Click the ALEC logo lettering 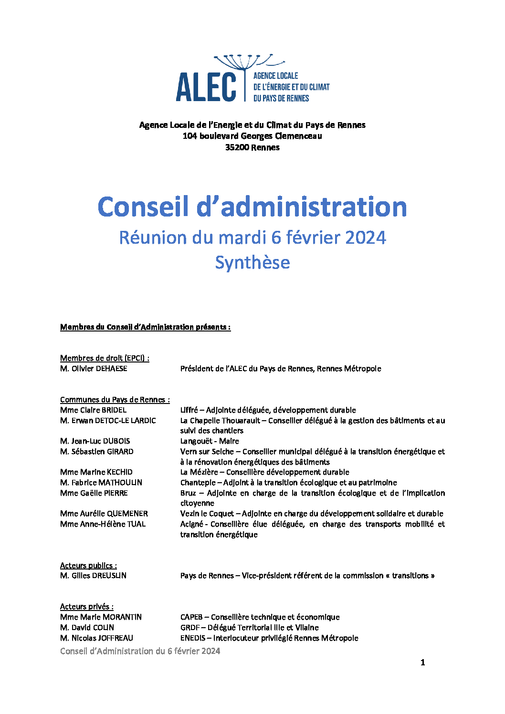click(x=206, y=87)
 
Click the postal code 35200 click(x=237, y=147)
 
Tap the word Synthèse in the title click(x=252, y=263)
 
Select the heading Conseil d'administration click(x=252, y=207)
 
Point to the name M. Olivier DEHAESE click(x=94, y=369)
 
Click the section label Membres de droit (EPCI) click(x=104, y=358)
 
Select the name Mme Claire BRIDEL click(x=93, y=410)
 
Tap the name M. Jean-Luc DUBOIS click(x=95, y=441)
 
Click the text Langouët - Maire click(x=210, y=441)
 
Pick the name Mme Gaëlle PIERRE click(x=94, y=493)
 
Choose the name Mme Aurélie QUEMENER click(x=104, y=514)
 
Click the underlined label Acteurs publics click(x=88, y=566)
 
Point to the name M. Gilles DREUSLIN click(x=93, y=576)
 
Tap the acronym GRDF click(x=190, y=628)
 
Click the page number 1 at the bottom click(x=422, y=662)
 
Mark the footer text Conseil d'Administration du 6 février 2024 click(x=140, y=651)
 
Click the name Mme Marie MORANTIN click(x=101, y=617)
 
